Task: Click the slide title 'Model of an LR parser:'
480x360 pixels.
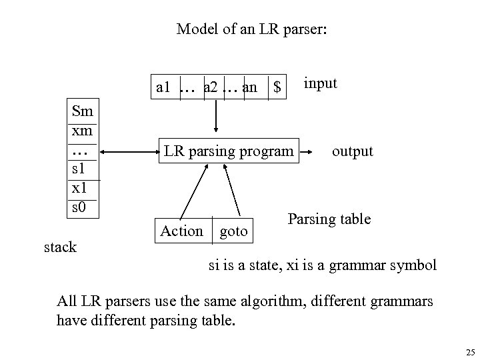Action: pyautogui.click(x=251, y=29)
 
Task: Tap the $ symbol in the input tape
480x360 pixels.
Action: pyautogui.click(x=276, y=87)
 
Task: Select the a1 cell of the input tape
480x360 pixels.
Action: pyautogui.click(x=164, y=87)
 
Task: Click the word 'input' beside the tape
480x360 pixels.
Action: pyautogui.click(x=321, y=83)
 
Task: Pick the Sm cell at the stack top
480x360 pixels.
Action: pyautogui.click(x=82, y=110)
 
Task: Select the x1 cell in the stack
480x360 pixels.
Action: pyautogui.click(x=79, y=188)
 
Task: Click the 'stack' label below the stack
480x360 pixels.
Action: pyautogui.click(x=61, y=247)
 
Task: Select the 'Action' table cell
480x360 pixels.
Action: pyautogui.click(x=181, y=231)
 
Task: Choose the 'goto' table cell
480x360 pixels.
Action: pyautogui.click(x=233, y=231)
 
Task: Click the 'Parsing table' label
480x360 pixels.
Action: pyautogui.click(x=329, y=219)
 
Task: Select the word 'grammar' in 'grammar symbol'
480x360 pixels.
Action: pyautogui.click(x=359, y=265)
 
